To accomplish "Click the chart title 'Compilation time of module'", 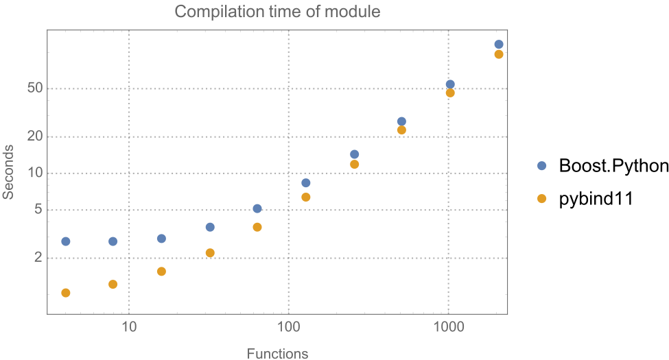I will (277, 12).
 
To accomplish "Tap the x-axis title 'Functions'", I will (277, 354).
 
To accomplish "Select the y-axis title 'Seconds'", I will (9, 171).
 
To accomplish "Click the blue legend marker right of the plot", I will (541, 165).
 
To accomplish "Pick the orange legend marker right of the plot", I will (541, 198).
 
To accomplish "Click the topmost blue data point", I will (499, 45).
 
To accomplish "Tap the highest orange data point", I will (499, 54).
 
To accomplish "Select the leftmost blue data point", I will (66, 241).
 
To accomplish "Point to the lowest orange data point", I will (66, 293).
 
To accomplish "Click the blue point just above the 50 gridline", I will (450, 84).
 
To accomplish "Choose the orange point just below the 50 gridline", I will (450, 93).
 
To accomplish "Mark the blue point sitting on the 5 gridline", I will (257, 208).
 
